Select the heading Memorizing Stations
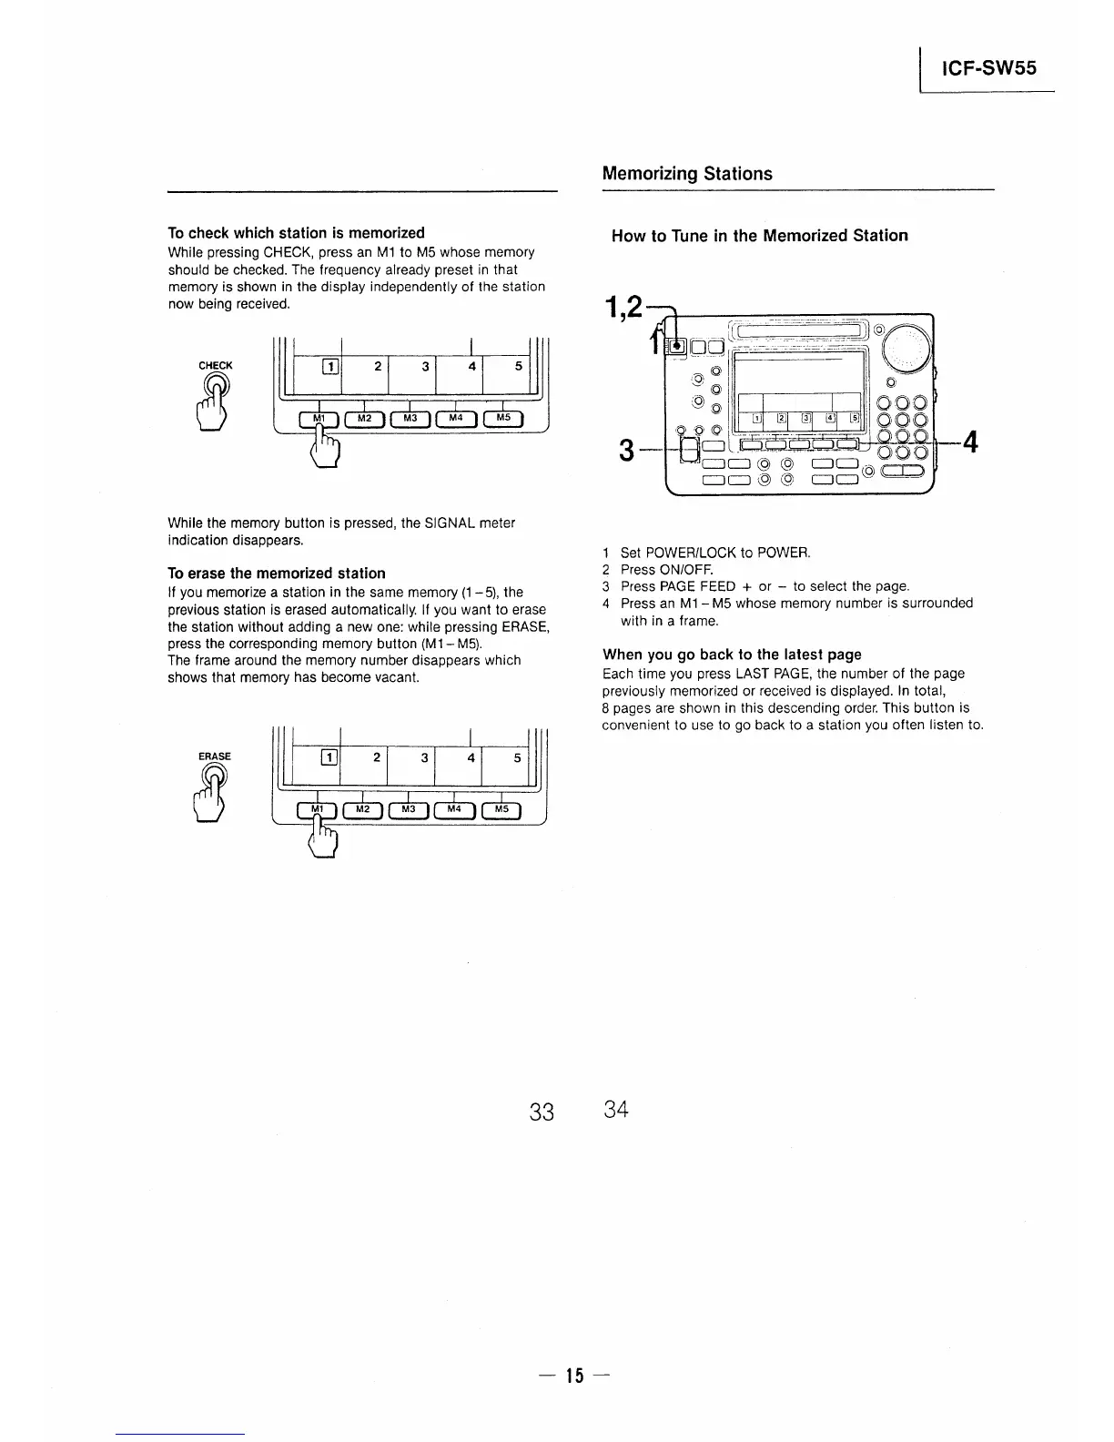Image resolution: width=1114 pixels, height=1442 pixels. (687, 174)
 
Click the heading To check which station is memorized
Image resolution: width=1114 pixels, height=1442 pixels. (296, 233)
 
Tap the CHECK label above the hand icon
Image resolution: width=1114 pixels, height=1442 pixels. (216, 366)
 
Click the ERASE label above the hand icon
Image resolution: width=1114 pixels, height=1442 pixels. (215, 757)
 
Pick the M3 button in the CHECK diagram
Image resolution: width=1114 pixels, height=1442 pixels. (410, 419)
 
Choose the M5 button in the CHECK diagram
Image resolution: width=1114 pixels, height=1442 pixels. (504, 419)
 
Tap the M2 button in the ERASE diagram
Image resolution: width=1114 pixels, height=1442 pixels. (363, 809)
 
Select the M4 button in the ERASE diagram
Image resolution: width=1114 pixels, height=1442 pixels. (457, 809)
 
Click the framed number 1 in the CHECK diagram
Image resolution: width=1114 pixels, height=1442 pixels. (331, 368)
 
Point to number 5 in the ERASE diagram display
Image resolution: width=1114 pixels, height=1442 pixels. (517, 757)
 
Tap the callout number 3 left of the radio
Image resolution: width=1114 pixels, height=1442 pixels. (626, 450)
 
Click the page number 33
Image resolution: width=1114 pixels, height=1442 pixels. (542, 1112)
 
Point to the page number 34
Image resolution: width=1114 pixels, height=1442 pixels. (616, 1110)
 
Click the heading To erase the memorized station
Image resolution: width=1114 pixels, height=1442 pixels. (277, 574)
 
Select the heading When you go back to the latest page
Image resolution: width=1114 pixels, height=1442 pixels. (732, 655)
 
